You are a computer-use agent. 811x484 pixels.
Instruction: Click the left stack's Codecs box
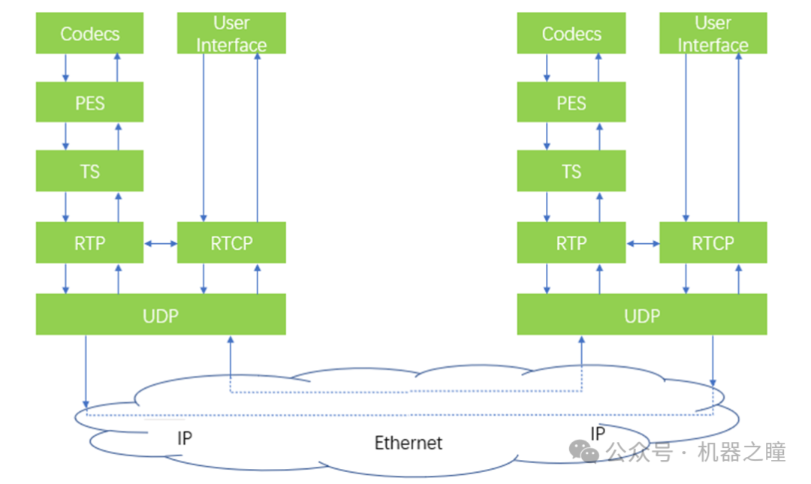tap(89, 34)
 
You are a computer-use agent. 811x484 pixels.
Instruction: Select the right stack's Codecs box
tap(571, 34)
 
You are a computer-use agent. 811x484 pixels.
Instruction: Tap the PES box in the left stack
tap(89, 102)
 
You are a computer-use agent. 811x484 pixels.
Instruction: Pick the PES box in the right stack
tap(571, 102)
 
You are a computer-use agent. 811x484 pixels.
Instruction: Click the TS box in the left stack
tap(89, 171)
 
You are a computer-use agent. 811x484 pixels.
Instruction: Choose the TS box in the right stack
tap(571, 171)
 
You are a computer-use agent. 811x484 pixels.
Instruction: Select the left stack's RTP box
tap(89, 242)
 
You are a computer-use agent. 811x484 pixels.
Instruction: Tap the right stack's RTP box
tap(571, 242)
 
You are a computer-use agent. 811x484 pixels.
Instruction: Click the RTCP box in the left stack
tap(231, 242)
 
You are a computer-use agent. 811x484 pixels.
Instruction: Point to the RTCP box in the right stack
tap(713, 242)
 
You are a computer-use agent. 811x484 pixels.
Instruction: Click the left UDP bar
tap(161, 314)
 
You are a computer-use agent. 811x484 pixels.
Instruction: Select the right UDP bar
tap(642, 314)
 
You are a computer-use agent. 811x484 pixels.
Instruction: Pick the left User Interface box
tap(231, 34)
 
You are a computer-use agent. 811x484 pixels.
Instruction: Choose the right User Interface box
tap(713, 34)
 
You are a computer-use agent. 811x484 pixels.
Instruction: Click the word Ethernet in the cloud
tap(409, 443)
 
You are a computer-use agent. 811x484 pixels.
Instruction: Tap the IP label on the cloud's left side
tap(185, 438)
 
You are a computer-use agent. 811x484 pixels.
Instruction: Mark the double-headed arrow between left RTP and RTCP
tap(160, 243)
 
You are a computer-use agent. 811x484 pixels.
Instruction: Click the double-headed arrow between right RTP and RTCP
tap(642, 243)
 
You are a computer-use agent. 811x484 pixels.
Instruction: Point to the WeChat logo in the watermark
tap(583, 451)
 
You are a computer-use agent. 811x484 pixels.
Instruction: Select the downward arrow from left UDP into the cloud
tap(86, 371)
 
